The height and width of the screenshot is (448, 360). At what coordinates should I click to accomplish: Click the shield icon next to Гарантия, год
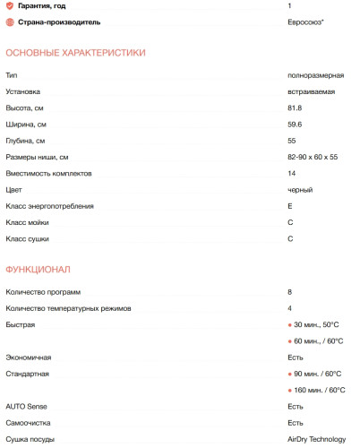(10, 6)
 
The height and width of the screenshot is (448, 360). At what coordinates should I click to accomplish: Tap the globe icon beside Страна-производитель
(10, 22)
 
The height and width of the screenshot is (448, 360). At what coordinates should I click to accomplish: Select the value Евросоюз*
(305, 22)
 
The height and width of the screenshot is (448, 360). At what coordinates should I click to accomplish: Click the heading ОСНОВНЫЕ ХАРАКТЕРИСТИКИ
(75, 53)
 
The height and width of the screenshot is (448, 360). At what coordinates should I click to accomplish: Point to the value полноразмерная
(313, 75)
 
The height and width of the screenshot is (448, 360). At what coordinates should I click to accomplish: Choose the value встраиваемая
(311, 91)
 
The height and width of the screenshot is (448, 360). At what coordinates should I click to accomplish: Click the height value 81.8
(295, 108)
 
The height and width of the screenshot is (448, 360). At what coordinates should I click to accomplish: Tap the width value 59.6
(295, 125)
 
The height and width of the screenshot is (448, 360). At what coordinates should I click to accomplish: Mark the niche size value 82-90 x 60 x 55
(313, 158)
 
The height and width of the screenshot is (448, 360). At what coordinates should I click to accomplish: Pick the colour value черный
(300, 190)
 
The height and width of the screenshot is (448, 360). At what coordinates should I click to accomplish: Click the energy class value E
(290, 206)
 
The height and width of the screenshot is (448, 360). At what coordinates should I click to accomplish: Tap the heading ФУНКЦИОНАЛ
(38, 269)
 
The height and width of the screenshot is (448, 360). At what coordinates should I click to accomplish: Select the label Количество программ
(43, 292)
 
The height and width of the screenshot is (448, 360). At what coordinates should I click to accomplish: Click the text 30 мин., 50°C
(317, 324)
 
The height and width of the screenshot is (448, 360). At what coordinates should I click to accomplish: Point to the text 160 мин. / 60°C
(320, 390)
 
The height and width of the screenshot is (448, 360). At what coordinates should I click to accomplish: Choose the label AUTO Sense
(26, 406)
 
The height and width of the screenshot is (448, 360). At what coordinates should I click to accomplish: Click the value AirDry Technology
(316, 439)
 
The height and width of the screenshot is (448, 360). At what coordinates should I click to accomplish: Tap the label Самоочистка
(29, 423)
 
